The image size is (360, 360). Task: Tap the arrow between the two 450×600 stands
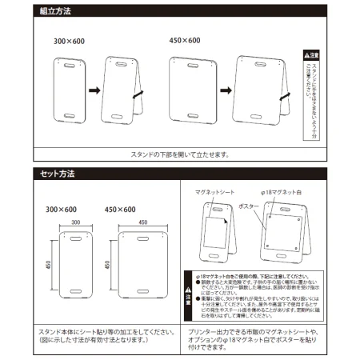[x=227, y=91]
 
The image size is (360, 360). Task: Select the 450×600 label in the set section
[x=122, y=210]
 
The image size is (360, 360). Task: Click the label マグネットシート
[x=214, y=194]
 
